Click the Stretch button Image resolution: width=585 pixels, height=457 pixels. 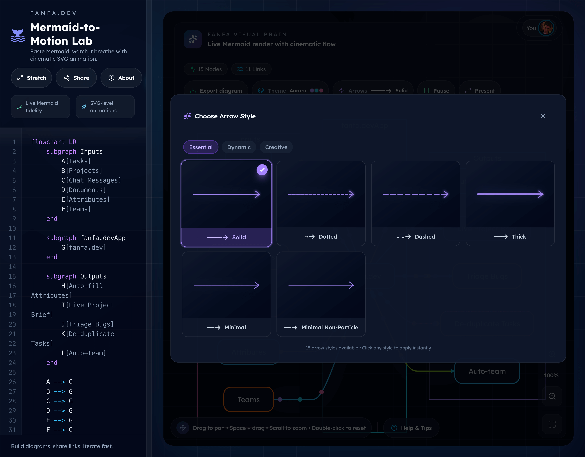(31, 78)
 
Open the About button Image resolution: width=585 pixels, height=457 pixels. (121, 78)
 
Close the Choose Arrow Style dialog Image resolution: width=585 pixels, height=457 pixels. (543, 116)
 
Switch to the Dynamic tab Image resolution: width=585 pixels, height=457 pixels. (239, 147)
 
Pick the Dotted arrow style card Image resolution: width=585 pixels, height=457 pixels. (321, 203)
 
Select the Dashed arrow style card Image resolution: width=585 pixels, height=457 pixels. (415, 203)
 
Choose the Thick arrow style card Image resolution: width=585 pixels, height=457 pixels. (510, 203)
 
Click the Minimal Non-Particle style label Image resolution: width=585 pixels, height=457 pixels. (330, 327)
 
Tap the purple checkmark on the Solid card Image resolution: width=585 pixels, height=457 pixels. (262, 170)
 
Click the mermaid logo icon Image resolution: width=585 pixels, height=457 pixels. (18, 36)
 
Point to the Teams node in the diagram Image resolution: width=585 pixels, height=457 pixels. (249, 399)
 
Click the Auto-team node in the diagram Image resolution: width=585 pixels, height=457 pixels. (487, 372)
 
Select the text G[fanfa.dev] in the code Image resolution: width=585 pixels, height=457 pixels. (84, 248)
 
